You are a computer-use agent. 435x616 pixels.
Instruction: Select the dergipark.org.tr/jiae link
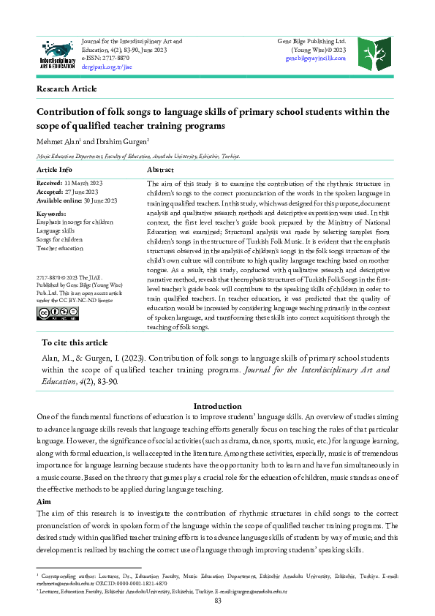coord(107,65)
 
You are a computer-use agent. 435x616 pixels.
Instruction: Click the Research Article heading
coord(67,89)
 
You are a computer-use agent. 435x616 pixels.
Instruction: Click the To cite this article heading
coord(75,342)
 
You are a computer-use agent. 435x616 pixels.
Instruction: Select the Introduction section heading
coord(217,406)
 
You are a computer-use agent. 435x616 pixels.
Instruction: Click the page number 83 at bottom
coord(217,601)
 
